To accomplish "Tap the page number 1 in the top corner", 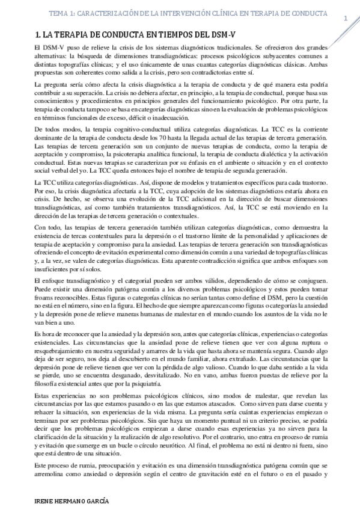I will coord(346,19).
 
